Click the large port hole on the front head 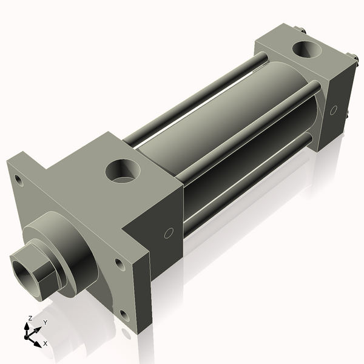123,170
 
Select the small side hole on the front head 169,232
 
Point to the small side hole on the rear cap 334,110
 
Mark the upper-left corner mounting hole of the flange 19,180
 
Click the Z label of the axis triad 30,318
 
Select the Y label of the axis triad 45,323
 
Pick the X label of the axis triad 45,343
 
